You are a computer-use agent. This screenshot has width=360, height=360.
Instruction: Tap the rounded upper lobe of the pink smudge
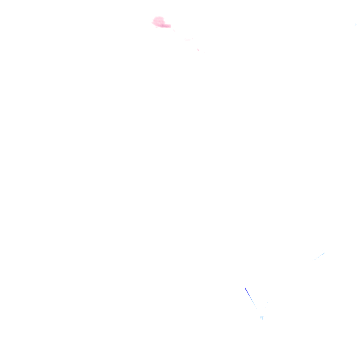pos(159,19)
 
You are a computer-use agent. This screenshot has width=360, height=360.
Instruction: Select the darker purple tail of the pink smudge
pos(167,26)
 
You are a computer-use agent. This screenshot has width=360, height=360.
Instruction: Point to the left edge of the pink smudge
pos(153,22)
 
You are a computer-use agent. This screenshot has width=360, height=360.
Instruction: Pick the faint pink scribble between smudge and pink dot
pos(188,39)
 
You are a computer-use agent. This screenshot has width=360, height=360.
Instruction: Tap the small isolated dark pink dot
pos(198,50)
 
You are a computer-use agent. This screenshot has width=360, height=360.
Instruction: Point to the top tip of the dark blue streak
pos(245,288)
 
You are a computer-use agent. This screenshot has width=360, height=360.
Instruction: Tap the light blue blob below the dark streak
pos(262,318)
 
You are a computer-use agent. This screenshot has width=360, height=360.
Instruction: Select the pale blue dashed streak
pos(319,256)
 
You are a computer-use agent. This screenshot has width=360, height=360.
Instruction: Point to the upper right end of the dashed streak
pos(324,253)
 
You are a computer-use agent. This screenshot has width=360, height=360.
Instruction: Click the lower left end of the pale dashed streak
pos(314,260)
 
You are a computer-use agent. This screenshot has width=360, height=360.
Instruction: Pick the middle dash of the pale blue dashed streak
pos(319,256)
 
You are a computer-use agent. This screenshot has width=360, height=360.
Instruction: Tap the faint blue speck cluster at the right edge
pos(355,25)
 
